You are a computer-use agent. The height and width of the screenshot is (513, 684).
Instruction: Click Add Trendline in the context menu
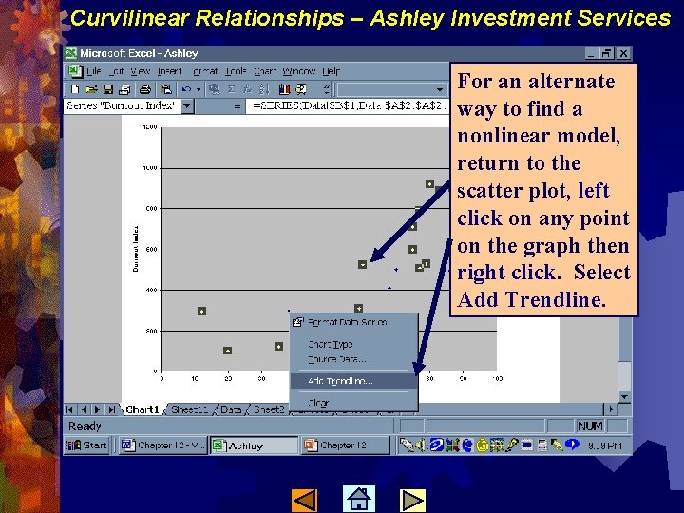(x=340, y=381)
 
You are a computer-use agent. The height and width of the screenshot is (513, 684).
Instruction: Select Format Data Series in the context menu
(x=347, y=322)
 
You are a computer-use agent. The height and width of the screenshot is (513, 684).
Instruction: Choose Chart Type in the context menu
(x=331, y=345)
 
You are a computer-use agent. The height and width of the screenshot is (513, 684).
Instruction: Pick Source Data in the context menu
(x=336, y=359)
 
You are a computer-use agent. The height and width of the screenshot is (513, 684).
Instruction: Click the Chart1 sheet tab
(x=142, y=409)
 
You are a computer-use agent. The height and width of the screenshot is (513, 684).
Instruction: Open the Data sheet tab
(x=231, y=409)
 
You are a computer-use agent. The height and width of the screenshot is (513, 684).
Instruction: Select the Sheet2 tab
(x=268, y=409)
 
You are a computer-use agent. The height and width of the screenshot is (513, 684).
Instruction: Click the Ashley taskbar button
(x=254, y=445)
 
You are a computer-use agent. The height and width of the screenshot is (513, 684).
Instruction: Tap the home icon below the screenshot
(x=358, y=499)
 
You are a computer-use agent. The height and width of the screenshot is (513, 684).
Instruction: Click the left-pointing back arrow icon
(x=304, y=499)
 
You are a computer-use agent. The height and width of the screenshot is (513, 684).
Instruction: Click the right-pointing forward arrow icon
(x=412, y=499)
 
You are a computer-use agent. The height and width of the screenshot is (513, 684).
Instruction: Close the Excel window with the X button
(x=622, y=53)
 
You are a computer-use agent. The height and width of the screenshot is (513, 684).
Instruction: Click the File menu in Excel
(x=93, y=71)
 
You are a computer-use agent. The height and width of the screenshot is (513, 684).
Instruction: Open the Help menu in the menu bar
(x=331, y=71)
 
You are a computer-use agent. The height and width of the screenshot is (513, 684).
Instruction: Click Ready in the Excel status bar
(x=85, y=427)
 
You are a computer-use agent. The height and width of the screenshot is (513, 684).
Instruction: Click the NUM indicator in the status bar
(x=589, y=427)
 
